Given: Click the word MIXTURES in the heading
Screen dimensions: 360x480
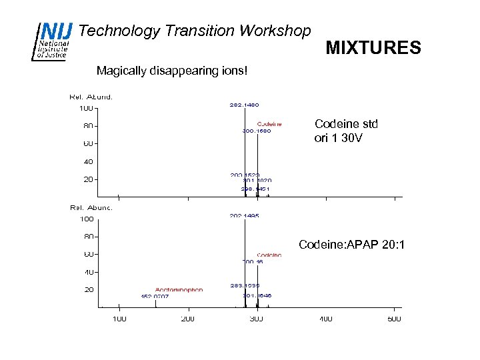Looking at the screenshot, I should click(373, 48).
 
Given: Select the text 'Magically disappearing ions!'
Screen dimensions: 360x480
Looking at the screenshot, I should click(171, 70).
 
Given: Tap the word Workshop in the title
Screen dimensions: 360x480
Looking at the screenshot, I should click(274, 31).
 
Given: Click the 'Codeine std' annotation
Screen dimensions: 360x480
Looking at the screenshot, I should click(345, 124).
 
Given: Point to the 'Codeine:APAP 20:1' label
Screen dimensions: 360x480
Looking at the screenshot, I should click(351, 245).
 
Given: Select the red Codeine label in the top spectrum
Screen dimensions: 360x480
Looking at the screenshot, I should click(269, 123).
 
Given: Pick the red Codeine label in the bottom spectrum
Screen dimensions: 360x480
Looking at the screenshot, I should click(269, 255).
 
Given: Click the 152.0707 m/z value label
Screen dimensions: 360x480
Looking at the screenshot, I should click(155, 297).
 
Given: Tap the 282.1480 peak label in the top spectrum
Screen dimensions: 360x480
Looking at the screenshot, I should click(244, 105).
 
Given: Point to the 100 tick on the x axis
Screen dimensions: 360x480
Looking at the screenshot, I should click(119, 319).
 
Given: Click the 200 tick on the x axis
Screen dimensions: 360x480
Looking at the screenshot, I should click(188, 319).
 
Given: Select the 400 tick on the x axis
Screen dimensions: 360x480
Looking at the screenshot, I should click(325, 319).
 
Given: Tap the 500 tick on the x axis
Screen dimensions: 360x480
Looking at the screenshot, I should click(394, 319).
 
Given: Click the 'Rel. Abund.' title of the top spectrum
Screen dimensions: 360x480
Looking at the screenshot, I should click(91, 97).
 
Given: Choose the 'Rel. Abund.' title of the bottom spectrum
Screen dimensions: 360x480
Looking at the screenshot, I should click(91, 208).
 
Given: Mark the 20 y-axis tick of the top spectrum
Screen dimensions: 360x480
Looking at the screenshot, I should click(87, 179).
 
